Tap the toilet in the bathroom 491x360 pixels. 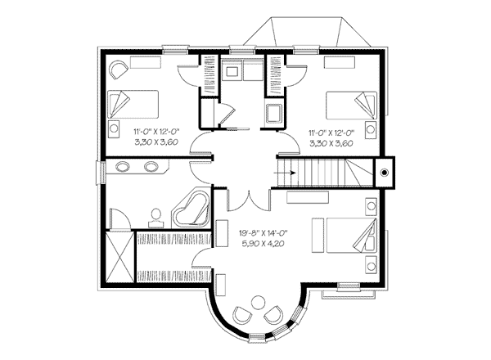[156, 218]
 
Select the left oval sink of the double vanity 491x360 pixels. [122, 166]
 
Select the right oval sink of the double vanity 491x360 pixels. [151, 166]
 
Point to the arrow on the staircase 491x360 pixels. [285, 173]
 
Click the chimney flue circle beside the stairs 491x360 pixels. [385, 172]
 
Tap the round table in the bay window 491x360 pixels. [258, 303]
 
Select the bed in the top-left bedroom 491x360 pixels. [133, 104]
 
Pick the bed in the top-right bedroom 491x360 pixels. [351, 106]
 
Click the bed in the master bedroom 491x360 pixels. [351, 235]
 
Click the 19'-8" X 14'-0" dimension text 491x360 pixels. [263, 233]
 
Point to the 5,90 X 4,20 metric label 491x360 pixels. [263, 243]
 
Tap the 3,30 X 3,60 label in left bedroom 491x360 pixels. [156, 142]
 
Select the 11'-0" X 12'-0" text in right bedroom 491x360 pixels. [331, 133]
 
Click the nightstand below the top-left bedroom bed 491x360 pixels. [114, 128]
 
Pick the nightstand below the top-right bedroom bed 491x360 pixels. [371, 128]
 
